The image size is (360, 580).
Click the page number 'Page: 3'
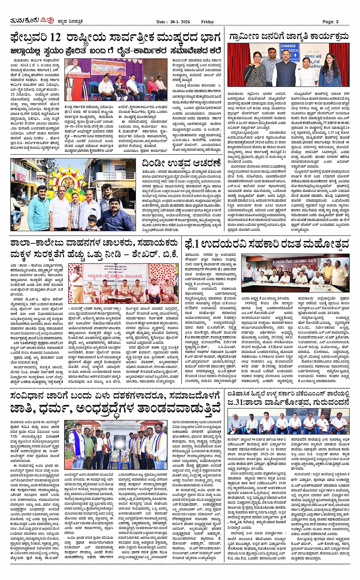(x=330, y=22)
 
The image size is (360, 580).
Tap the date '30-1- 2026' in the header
(x=179, y=22)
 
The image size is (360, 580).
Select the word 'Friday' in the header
(x=208, y=22)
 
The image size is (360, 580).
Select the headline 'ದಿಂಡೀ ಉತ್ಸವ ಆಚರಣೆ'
(x=181, y=164)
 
